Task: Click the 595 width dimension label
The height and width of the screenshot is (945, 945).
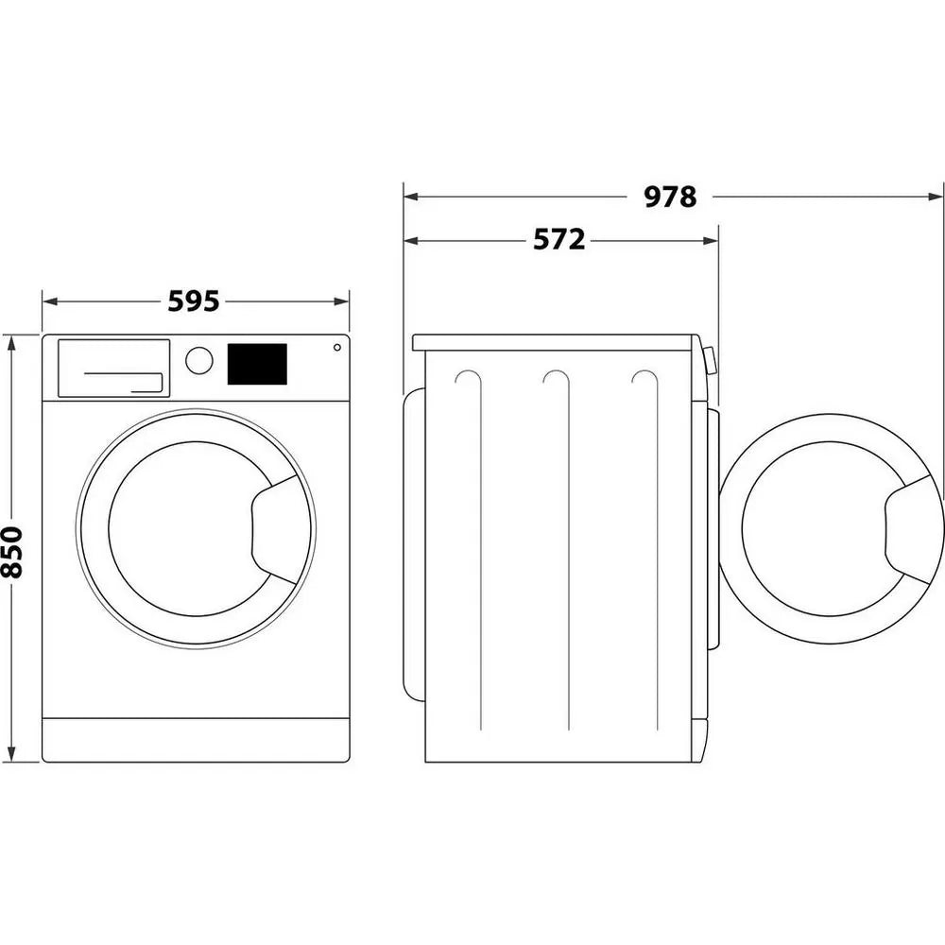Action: coord(194,301)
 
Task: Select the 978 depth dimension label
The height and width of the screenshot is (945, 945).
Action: coord(670,197)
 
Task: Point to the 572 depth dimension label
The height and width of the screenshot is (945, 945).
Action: coord(558,240)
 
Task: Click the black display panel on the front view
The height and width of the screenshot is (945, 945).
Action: coord(257,364)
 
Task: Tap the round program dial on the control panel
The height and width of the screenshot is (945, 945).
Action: coord(199,360)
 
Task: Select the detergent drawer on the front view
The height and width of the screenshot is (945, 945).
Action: coord(113,368)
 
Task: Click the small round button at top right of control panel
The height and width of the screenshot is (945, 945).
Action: coord(336,348)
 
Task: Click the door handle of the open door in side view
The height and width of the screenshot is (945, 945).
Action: coord(913,530)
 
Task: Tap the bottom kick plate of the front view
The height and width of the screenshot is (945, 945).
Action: coord(196,739)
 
